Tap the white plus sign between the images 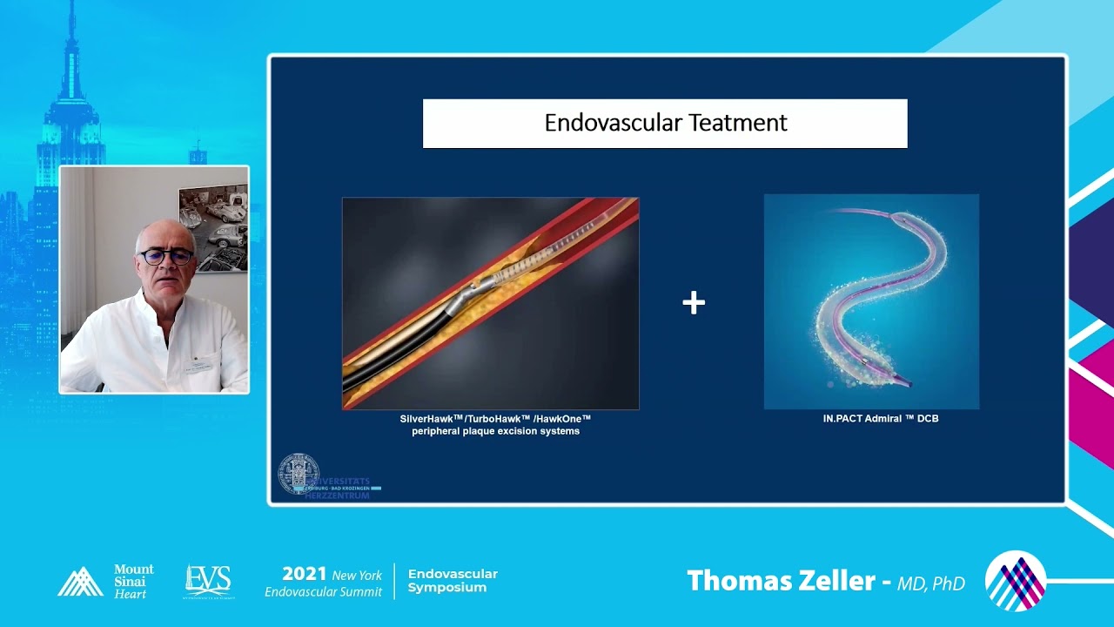click(x=694, y=303)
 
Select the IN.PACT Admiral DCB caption click(x=881, y=419)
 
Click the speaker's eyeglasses click(x=165, y=256)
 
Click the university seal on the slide click(x=298, y=475)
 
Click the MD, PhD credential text click(x=931, y=583)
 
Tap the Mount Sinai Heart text click(x=133, y=581)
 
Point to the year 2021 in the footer click(x=305, y=574)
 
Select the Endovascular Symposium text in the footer click(x=453, y=581)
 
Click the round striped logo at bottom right click(x=1015, y=581)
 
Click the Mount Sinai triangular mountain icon click(x=80, y=582)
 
